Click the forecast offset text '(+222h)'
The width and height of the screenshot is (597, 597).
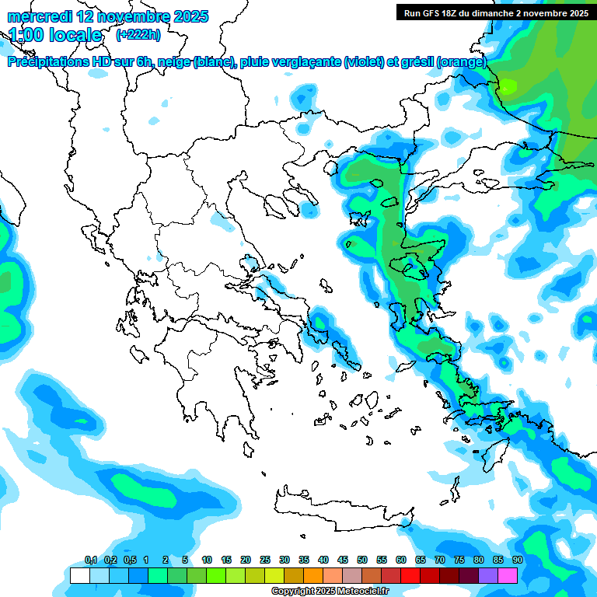[138, 35]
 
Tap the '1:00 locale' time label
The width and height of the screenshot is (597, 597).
[56, 35]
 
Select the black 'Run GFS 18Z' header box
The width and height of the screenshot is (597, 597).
[495, 12]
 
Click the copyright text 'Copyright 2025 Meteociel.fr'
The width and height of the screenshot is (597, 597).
[330, 592]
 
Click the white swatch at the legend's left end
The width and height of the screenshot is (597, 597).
[79, 576]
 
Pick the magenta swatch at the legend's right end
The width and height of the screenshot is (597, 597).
[508, 576]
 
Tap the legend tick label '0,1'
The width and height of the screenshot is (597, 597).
[91, 560]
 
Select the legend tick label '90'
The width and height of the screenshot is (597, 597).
[518, 560]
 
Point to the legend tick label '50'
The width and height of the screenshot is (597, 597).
[362, 560]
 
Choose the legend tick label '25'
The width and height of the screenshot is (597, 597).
[265, 560]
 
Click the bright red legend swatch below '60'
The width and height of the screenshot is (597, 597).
[410, 576]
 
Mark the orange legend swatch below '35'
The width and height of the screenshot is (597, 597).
[313, 576]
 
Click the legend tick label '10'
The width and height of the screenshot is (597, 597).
[207, 560]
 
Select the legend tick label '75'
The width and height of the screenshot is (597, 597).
[459, 560]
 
